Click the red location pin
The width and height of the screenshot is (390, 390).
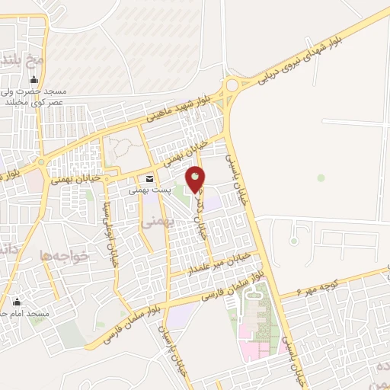pos(196,178)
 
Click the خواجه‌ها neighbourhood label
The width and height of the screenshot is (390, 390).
pos(67,257)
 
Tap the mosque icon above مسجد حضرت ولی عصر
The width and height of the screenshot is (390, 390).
pos(34,80)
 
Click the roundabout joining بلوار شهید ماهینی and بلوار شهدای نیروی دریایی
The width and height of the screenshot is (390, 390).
pos(232,88)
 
